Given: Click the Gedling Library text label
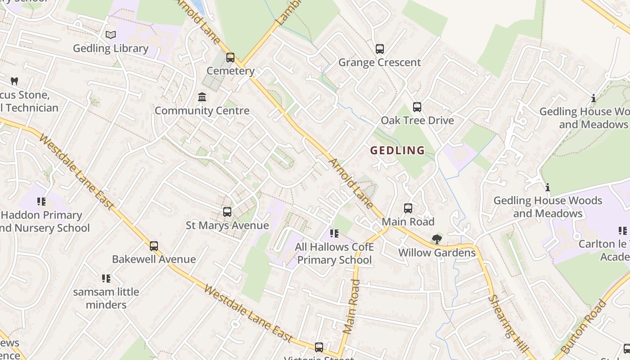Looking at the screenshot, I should click(111, 48).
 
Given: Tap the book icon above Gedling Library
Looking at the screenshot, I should click(111, 35).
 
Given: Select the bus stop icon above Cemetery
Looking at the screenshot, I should click(230, 58).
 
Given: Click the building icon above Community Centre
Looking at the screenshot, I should click(202, 97).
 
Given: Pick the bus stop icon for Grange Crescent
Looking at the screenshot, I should click(380, 49).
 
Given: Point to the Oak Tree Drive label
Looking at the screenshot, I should click(417, 120).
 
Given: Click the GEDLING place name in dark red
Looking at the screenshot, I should click(397, 150).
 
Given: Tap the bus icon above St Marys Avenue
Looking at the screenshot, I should click(227, 212).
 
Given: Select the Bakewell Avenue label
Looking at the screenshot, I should click(154, 259).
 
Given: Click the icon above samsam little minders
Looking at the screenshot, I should click(106, 279).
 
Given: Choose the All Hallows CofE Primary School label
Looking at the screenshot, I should click(334, 253).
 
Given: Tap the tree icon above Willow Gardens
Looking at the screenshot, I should click(436, 239).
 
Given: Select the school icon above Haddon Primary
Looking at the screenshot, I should click(41, 202).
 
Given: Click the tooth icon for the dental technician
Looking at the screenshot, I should click(14, 81).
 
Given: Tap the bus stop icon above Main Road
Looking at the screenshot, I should click(408, 208).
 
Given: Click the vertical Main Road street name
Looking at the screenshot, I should click(351, 306).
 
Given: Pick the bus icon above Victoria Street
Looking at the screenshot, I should click(319, 347).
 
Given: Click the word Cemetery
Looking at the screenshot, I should click(230, 71).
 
